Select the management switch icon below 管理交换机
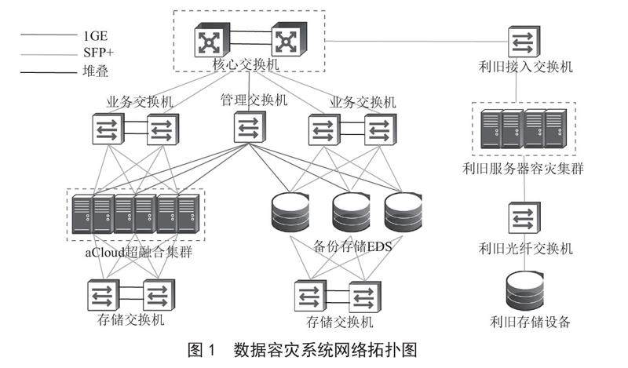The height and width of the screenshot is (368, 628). [249, 128]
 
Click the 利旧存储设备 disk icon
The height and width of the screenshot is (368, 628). [524, 290]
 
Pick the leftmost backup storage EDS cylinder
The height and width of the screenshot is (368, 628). [287, 210]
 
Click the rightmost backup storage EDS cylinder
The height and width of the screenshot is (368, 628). [403, 210]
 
